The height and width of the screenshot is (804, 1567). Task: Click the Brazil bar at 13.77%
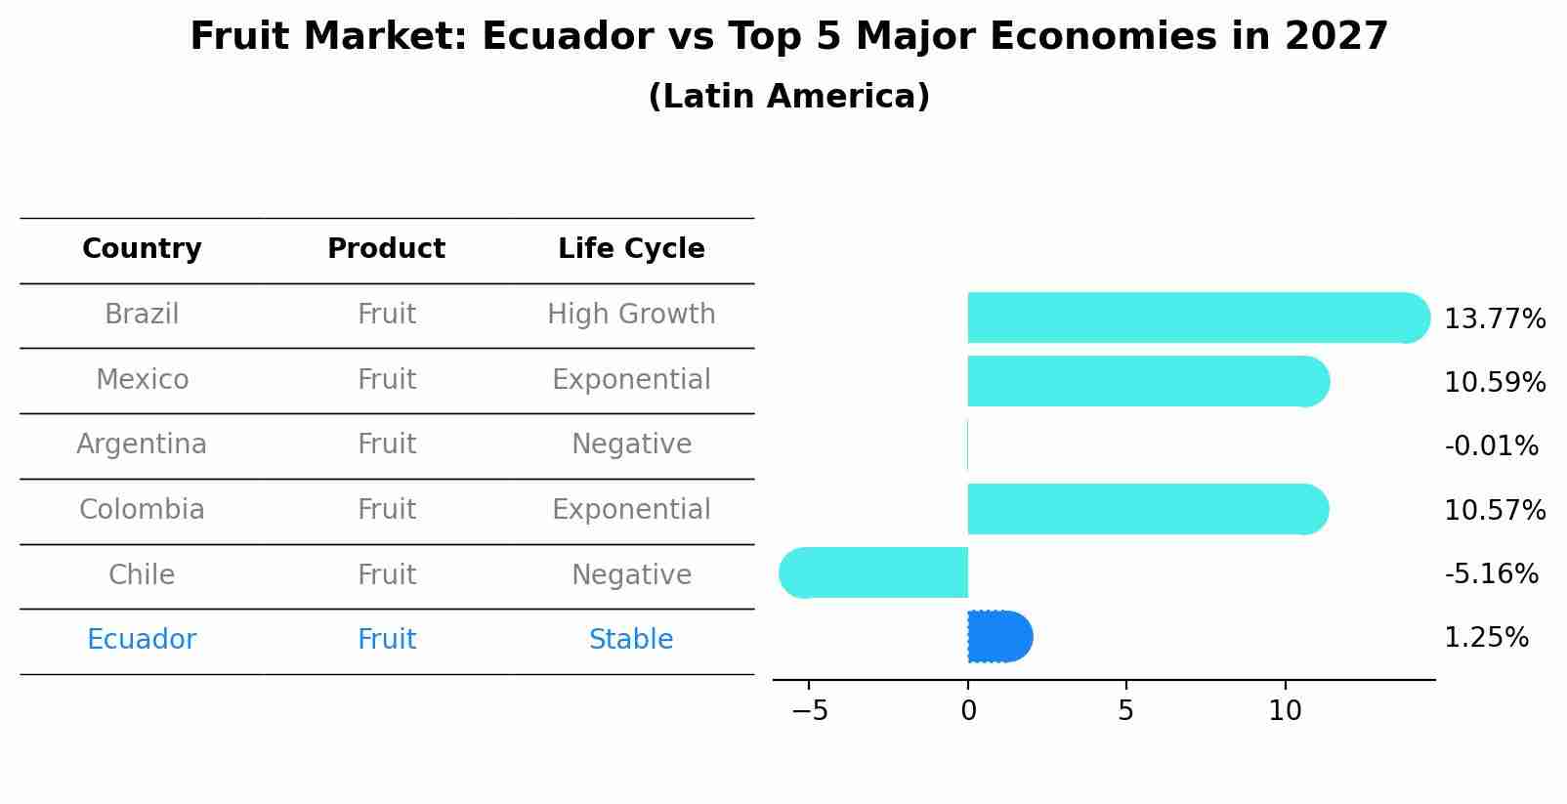tap(1197, 317)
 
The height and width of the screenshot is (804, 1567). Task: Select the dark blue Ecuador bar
tap(999, 637)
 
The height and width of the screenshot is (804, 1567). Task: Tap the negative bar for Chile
tap(874, 572)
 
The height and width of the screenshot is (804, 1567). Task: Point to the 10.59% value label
tap(1494, 382)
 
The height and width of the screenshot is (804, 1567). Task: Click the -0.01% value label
tap(1491, 446)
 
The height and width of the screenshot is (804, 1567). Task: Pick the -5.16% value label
tap(1491, 573)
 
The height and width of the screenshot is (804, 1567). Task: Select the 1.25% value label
tap(1486, 638)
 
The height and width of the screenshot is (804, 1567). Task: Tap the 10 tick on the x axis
tap(1285, 711)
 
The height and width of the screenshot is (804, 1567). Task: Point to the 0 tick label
tap(968, 711)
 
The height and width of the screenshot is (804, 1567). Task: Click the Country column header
tap(142, 249)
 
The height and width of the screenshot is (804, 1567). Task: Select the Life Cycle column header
tap(631, 249)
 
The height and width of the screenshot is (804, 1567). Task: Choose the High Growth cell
tap(631, 315)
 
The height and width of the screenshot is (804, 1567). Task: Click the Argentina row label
tap(142, 444)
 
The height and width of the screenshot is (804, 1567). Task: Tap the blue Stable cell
tap(631, 640)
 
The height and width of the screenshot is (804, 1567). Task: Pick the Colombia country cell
tap(142, 510)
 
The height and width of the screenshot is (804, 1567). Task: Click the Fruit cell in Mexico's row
tap(387, 380)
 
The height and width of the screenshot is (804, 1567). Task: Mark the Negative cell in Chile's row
tap(631, 574)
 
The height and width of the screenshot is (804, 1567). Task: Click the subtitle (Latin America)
tap(788, 97)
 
